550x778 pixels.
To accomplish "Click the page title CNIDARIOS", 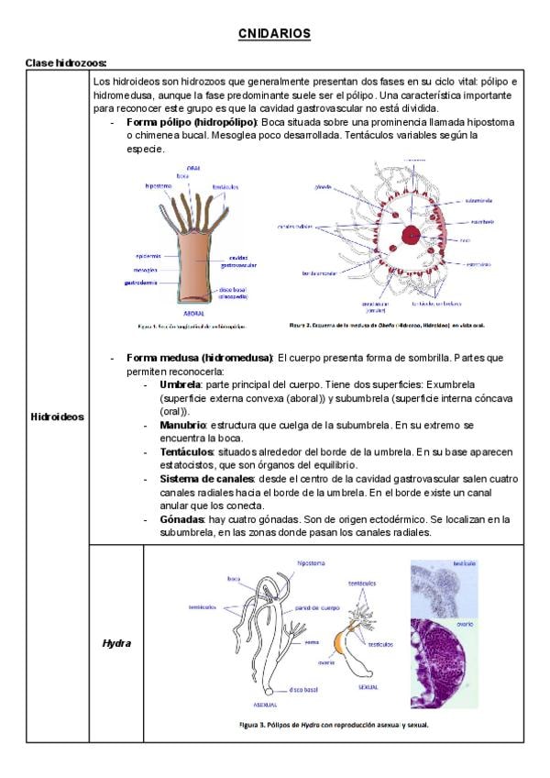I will (274, 34).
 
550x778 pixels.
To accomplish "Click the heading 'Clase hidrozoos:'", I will (66, 62).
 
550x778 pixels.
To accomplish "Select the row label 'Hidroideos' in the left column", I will (57, 417).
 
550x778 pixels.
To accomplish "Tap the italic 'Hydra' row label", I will (116, 643).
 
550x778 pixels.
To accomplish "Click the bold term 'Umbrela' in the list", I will (181, 384).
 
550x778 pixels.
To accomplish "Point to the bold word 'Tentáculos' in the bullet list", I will (186, 452).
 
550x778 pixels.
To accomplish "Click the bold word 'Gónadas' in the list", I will (182, 519).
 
